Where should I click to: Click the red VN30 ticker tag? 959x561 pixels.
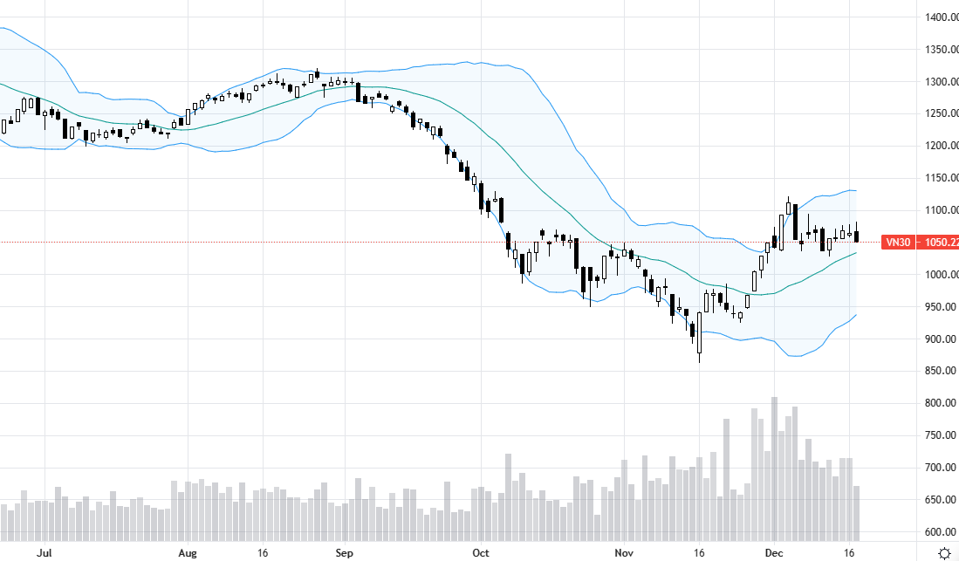898,243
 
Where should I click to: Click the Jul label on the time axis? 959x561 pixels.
45,552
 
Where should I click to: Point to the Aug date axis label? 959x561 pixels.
187,552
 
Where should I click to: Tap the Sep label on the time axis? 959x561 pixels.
344,552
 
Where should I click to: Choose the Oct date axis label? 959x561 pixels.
481,552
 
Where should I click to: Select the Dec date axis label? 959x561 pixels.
772,552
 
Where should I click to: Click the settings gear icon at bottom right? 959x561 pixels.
944,552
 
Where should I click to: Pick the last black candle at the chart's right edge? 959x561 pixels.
857,236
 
